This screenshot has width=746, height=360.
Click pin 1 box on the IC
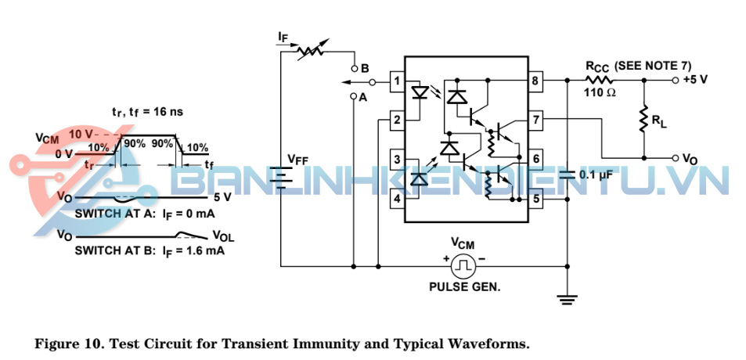click(397, 81)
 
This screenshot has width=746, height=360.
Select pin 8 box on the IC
click(535, 81)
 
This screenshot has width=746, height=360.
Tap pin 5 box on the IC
click(535, 200)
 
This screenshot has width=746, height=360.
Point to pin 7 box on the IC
click(535, 120)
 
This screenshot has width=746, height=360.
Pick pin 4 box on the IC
click(397, 200)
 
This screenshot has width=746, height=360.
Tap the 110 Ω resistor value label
click(600, 93)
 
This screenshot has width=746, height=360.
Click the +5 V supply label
click(696, 79)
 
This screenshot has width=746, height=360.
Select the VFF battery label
click(297, 160)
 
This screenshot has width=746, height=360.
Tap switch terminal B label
click(365, 67)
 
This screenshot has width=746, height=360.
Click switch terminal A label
click(362, 98)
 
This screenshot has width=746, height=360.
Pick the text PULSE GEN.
click(464, 286)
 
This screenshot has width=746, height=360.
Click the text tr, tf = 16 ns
click(147, 112)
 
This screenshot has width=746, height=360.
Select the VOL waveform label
click(222, 236)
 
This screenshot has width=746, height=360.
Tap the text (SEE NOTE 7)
click(655, 66)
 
